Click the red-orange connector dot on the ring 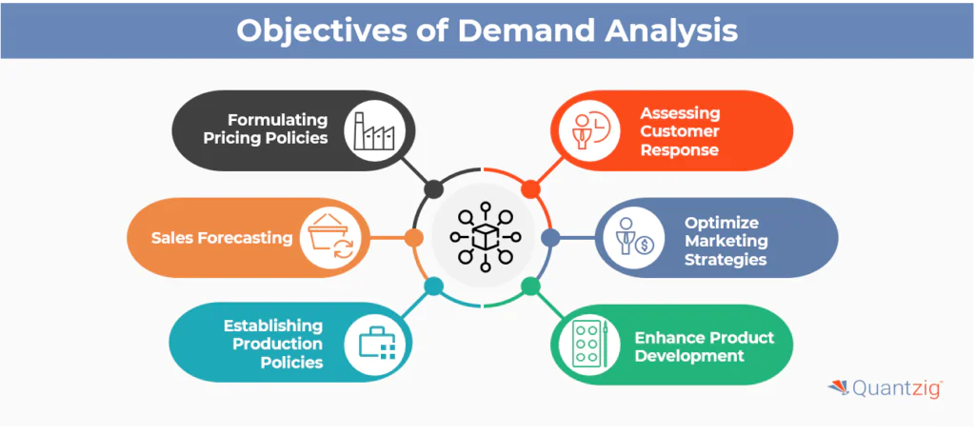point(531,188)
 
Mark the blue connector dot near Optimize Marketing point(549,237)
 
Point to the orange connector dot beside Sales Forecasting point(413,237)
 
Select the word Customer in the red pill point(680,131)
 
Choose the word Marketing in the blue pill point(726,242)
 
